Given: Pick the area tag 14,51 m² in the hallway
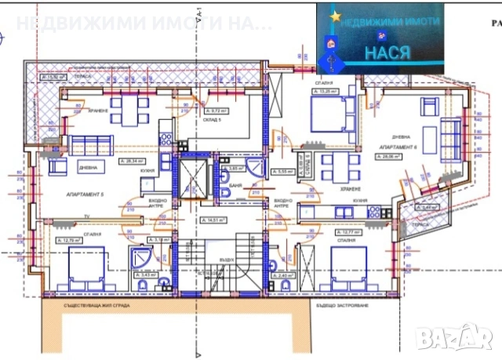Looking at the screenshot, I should pos(214,220).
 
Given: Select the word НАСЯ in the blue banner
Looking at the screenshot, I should pos(388,53).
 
